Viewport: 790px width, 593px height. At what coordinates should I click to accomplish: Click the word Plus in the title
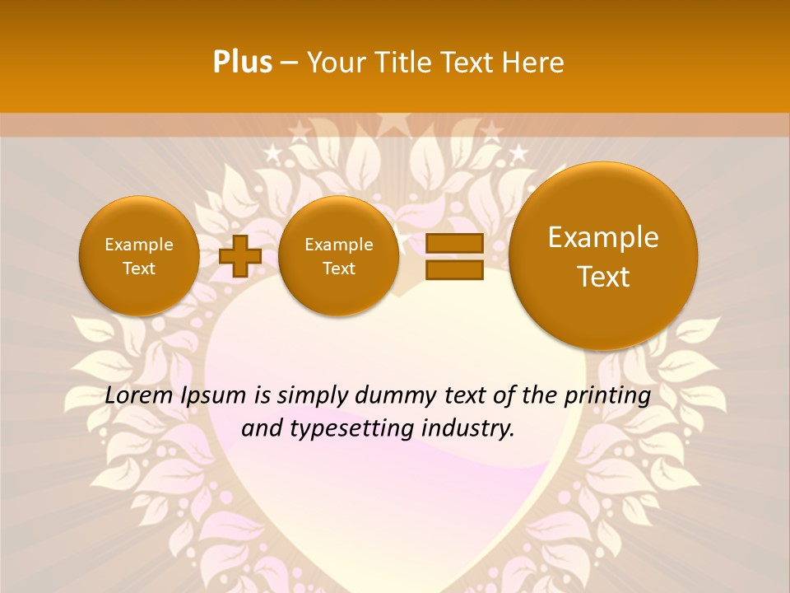click(242, 63)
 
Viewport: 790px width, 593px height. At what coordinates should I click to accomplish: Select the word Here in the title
click(536, 63)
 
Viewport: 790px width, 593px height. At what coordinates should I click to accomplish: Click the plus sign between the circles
click(240, 255)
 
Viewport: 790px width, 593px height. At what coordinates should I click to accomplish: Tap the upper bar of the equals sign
click(454, 243)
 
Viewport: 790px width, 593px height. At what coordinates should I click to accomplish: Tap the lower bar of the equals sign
click(454, 269)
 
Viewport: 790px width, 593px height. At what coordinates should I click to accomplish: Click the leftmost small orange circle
click(139, 255)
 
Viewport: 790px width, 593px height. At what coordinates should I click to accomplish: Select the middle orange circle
click(339, 255)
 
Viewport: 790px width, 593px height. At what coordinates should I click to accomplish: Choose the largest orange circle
click(603, 255)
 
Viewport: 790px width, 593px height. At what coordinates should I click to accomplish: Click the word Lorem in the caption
click(139, 395)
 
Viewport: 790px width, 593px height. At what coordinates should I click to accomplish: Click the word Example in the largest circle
click(603, 237)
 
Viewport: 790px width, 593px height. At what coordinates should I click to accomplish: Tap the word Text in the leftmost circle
click(139, 268)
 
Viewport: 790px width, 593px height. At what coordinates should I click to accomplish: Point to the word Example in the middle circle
click(339, 245)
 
